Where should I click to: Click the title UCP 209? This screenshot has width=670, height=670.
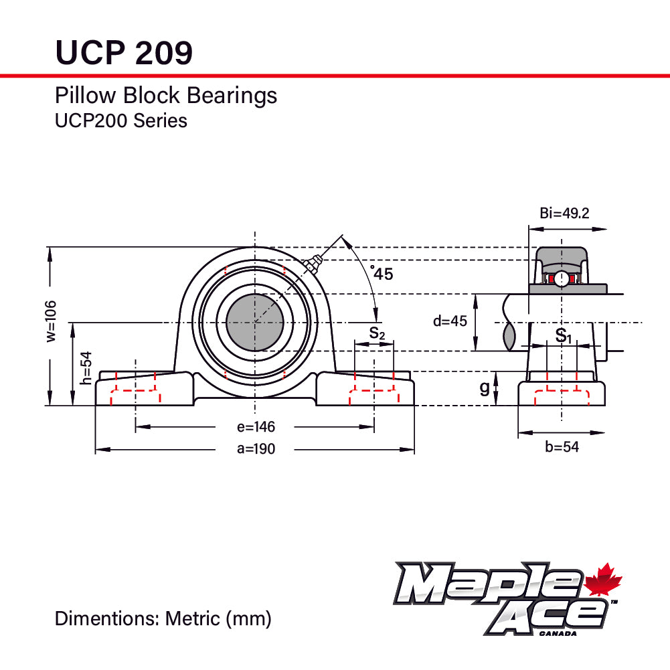pyautogui.click(x=124, y=52)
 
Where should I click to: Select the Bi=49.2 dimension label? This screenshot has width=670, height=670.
pyautogui.click(x=564, y=214)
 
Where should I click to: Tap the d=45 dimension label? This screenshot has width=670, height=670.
pyautogui.click(x=449, y=321)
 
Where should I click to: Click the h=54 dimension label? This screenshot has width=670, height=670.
pyautogui.click(x=85, y=368)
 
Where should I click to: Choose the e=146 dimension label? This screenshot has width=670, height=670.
pyautogui.click(x=255, y=427)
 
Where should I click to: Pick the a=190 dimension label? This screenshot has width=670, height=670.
pyautogui.click(x=256, y=449)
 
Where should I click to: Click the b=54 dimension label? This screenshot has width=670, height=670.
pyautogui.click(x=562, y=446)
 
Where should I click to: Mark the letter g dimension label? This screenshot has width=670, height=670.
pyautogui.click(x=485, y=388)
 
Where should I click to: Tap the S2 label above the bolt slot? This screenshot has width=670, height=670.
pyautogui.click(x=377, y=333)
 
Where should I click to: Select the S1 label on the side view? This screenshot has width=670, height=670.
pyautogui.click(x=564, y=335)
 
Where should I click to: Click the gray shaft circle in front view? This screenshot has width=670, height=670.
pyautogui.click(x=255, y=322)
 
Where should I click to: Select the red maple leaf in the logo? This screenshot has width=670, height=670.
pyautogui.click(x=604, y=580)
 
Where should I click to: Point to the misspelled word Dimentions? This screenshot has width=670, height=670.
pyautogui.click(x=107, y=618)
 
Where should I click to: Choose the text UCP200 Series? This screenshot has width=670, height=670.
pyautogui.click(x=120, y=120)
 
